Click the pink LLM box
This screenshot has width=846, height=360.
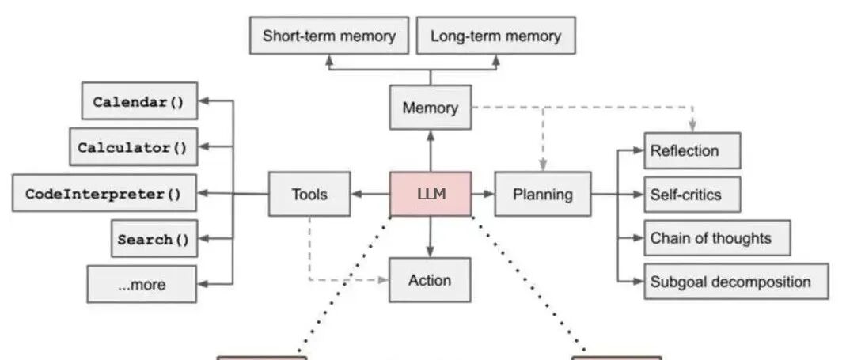click(x=431, y=194)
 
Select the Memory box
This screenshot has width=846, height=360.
click(x=431, y=108)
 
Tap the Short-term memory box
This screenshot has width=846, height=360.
click(x=329, y=36)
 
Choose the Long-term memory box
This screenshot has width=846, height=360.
click(x=496, y=36)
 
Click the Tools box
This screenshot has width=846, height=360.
click(x=309, y=194)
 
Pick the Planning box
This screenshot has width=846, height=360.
click(x=543, y=194)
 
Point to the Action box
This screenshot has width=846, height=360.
click(x=430, y=279)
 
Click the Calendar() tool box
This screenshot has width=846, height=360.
click(x=139, y=101)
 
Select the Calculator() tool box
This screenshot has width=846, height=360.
click(x=133, y=147)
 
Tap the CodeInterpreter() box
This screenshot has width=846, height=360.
click(x=104, y=193)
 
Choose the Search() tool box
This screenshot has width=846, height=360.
click(x=154, y=239)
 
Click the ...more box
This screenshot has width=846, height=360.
click(x=142, y=284)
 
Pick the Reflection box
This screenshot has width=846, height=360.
click(x=692, y=150)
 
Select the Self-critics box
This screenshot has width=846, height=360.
click(x=692, y=195)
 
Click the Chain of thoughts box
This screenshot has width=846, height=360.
click(x=717, y=238)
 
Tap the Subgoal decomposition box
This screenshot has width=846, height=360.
click(x=736, y=281)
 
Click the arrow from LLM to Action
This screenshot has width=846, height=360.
click(x=430, y=237)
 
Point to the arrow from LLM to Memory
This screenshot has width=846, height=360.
click(x=431, y=150)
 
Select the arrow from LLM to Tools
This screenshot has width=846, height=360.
click(x=370, y=194)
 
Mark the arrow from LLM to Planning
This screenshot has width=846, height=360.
click(x=483, y=194)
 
